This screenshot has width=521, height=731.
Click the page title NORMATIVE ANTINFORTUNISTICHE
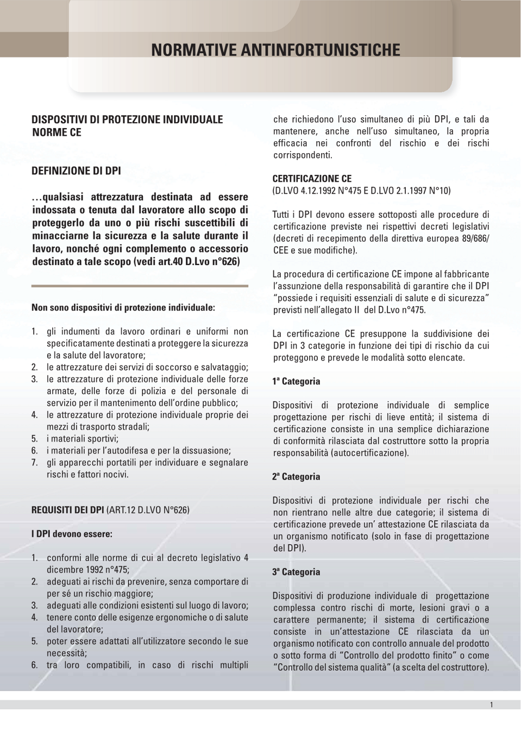(275, 51)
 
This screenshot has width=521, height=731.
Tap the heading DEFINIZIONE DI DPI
(76, 171)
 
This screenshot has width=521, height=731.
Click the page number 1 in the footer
(491, 705)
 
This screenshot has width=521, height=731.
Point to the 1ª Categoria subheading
(296, 382)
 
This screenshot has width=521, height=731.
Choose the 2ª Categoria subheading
(296, 477)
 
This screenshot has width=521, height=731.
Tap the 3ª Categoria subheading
(296, 572)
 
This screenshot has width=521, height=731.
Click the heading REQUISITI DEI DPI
(68, 510)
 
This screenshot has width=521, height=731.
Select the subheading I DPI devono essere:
(72, 534)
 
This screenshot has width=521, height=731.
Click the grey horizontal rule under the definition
(140, 286)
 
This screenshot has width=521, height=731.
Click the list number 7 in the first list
(34, 463)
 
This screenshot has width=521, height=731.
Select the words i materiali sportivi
(83, 439)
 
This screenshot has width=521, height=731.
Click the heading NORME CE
(57, 133)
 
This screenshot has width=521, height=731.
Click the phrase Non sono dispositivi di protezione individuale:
(123, 308)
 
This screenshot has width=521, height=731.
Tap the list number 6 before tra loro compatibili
(34, 665)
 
